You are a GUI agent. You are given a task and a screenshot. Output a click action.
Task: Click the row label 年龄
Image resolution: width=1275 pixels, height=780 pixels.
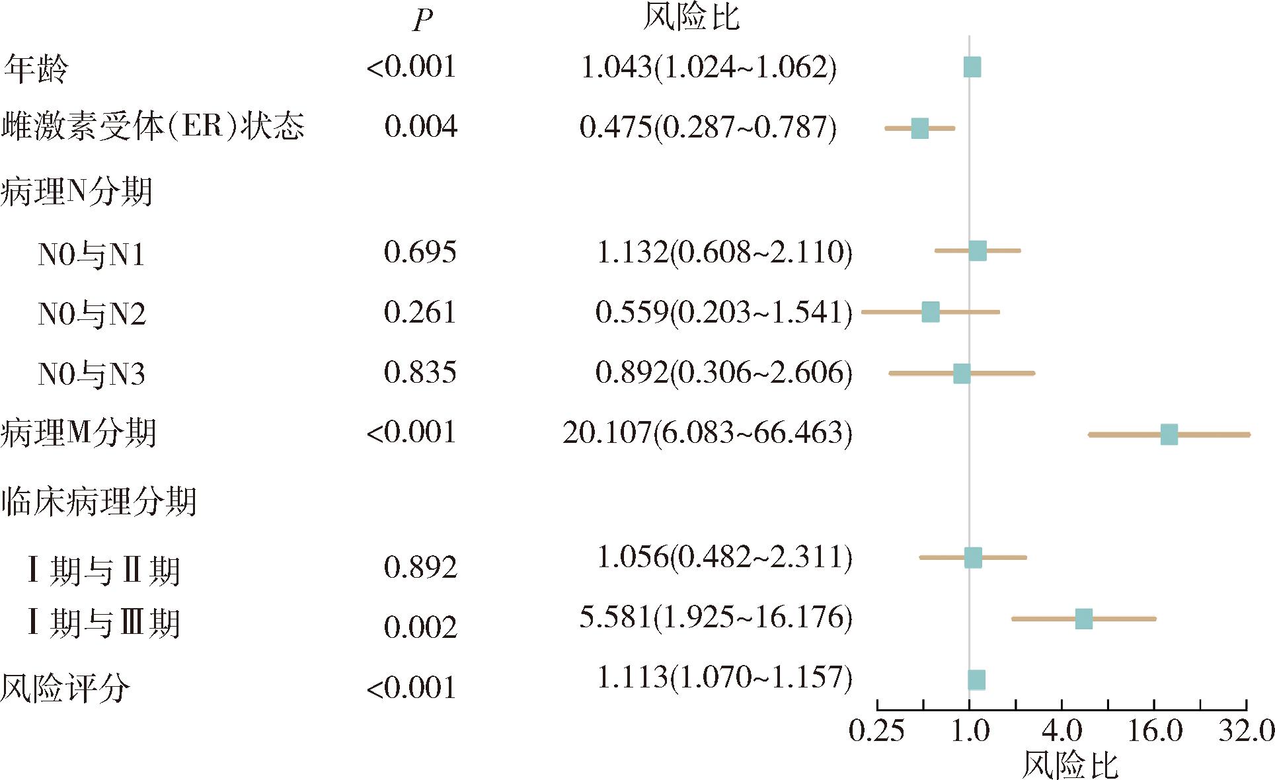tap(36, 69)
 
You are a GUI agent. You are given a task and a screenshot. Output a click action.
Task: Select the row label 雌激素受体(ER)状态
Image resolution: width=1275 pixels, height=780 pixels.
tap(153, 126)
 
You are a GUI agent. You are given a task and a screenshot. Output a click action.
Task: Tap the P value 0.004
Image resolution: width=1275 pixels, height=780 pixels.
tap(420, 126)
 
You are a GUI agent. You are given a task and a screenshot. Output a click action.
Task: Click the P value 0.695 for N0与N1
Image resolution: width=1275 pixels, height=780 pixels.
tap(420, 252)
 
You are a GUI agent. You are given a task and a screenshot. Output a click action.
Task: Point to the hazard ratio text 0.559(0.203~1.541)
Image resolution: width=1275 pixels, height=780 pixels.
tap(724, 312)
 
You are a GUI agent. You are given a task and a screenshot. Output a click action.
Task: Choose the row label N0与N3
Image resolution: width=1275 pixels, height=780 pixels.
tap(91, 374)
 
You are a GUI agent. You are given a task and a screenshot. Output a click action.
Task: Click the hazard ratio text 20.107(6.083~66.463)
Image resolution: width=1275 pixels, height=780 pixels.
tap(707, 433)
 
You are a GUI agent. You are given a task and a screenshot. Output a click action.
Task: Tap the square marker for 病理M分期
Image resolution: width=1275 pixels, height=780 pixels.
tap(1169, 434)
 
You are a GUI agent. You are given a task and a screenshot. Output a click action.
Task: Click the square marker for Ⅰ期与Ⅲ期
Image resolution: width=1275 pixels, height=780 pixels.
tap(1083, 619)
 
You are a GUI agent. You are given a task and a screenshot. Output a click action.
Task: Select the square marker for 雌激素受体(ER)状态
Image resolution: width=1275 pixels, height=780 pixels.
tap(919, 128)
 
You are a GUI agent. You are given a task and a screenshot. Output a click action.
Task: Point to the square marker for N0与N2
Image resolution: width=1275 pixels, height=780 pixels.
tap(931, 312)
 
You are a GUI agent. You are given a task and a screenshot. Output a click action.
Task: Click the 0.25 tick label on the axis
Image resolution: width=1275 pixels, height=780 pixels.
tap(876, 731)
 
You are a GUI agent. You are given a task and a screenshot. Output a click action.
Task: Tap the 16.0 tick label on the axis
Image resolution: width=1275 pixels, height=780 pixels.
tap(1155, 731)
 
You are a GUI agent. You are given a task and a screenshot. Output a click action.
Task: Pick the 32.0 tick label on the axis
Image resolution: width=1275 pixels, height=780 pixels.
tap(1247, 731)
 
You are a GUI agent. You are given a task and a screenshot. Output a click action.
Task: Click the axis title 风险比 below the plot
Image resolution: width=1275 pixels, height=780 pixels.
tap(1069, 765)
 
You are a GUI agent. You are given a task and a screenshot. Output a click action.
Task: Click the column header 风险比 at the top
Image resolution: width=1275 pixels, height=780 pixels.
tap(691, 17)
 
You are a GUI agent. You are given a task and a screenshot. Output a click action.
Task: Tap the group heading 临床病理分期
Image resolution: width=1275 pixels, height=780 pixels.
tap(98, 502)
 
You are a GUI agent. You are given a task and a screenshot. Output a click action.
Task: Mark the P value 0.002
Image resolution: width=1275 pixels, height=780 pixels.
tap(420, 627)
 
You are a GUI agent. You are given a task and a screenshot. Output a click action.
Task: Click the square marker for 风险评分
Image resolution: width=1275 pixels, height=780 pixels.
tap(976, 680)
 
